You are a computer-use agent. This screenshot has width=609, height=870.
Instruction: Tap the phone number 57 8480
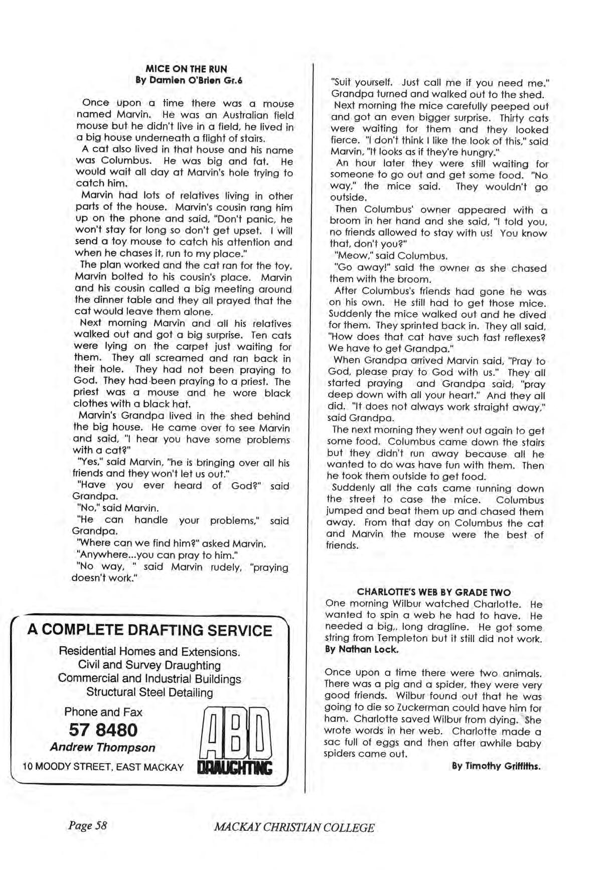pyautogui.click(x=103, y=730)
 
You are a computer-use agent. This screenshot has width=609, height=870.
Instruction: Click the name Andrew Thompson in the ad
pyautogui.click(x=103, y=748)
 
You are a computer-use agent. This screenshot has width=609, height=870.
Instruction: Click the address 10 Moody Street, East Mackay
pyautogui.click(x=103, y=767)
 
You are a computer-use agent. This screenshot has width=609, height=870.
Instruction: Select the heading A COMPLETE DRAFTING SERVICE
pyautogui.click(x=149, y=631)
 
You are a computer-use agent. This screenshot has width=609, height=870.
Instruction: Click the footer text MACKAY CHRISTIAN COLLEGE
pyautogui.click(x=294, y=828)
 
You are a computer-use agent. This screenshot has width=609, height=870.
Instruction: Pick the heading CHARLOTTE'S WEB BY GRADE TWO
pyautogui.click(x=434, y=593)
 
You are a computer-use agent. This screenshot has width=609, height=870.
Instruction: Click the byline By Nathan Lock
pyautogui.click(x=362, y=649)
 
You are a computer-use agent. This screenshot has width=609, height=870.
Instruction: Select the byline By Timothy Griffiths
pyautogui.click(x=496, y=766)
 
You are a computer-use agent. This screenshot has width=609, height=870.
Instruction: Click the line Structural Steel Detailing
pyautogui.click(x=149, y=693)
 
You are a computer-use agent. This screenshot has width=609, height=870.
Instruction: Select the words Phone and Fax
pyautogui.click(x=103, y=712)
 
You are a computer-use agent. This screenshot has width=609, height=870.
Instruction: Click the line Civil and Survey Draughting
pyautogui.click(x=149, y=665)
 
